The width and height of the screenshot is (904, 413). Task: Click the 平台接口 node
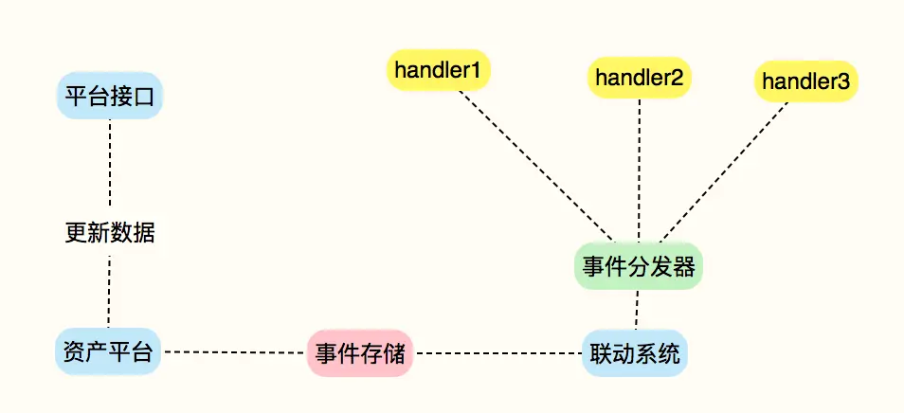point(110,96)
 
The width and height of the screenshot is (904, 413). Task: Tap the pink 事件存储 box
point(360,354)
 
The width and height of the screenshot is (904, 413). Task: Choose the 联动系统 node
point(632,354)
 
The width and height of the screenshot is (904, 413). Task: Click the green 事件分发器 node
point(639,266)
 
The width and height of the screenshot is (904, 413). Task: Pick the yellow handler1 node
point(438,69)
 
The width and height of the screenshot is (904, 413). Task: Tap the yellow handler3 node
point(806,82)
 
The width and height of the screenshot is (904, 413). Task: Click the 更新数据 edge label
point(110,233)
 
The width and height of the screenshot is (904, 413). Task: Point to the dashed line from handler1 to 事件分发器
point(537,166)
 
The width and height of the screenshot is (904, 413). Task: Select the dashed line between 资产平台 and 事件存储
point(235,353)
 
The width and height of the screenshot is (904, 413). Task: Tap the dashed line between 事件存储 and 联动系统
point(497,354)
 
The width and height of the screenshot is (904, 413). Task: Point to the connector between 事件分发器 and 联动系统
point(637,310)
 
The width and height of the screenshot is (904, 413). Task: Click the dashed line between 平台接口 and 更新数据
point(110,166)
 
